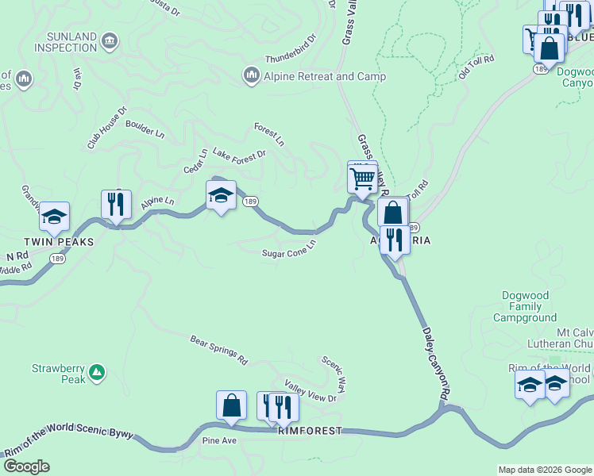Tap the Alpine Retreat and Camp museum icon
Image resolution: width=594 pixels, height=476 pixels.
tap(251, 76)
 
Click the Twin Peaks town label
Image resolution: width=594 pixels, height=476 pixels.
tap(58, 241)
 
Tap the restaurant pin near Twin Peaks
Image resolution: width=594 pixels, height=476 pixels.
tap(116, 205)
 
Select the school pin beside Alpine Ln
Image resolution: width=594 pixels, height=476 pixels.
tap(221, 195)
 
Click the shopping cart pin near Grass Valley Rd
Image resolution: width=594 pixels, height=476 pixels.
tap(363, 178)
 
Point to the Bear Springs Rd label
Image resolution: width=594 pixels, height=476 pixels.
tap(218, 350)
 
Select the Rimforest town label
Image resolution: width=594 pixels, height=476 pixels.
tap(309, 431)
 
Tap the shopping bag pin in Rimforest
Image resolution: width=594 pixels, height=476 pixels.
tap(231, 405)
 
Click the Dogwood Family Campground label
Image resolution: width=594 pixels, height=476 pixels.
tap(525, 306)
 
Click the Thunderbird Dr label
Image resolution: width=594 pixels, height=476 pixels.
tap(291, 48)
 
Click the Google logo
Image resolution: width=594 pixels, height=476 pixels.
tap(25, 466)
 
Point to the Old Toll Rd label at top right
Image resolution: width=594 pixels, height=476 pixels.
tap(476, 67)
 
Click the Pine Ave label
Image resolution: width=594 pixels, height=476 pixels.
tap(220, 440)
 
